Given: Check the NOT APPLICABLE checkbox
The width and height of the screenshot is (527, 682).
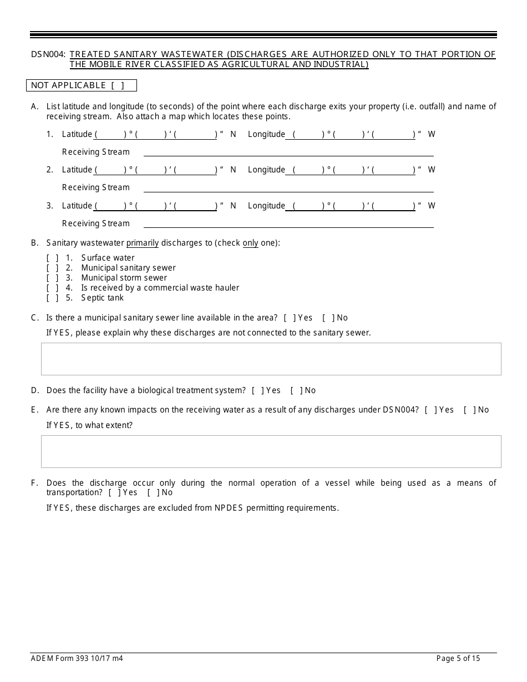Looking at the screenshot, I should coord(117,85).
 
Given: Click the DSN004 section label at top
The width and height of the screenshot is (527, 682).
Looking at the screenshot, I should coord(49,54).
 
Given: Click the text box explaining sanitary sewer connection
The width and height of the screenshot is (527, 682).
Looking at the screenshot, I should coord(271,359).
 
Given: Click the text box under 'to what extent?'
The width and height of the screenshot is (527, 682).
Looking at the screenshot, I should coord(271,451).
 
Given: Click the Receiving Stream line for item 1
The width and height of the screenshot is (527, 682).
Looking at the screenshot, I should coord(288,152).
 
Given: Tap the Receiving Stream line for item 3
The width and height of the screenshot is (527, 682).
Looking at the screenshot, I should coord(288,223).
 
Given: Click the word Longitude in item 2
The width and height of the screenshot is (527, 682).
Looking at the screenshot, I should coord(266,170).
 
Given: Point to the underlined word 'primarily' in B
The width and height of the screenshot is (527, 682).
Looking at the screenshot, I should coord(143,243).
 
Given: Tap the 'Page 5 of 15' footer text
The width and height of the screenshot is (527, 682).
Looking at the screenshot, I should coord(458,659).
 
